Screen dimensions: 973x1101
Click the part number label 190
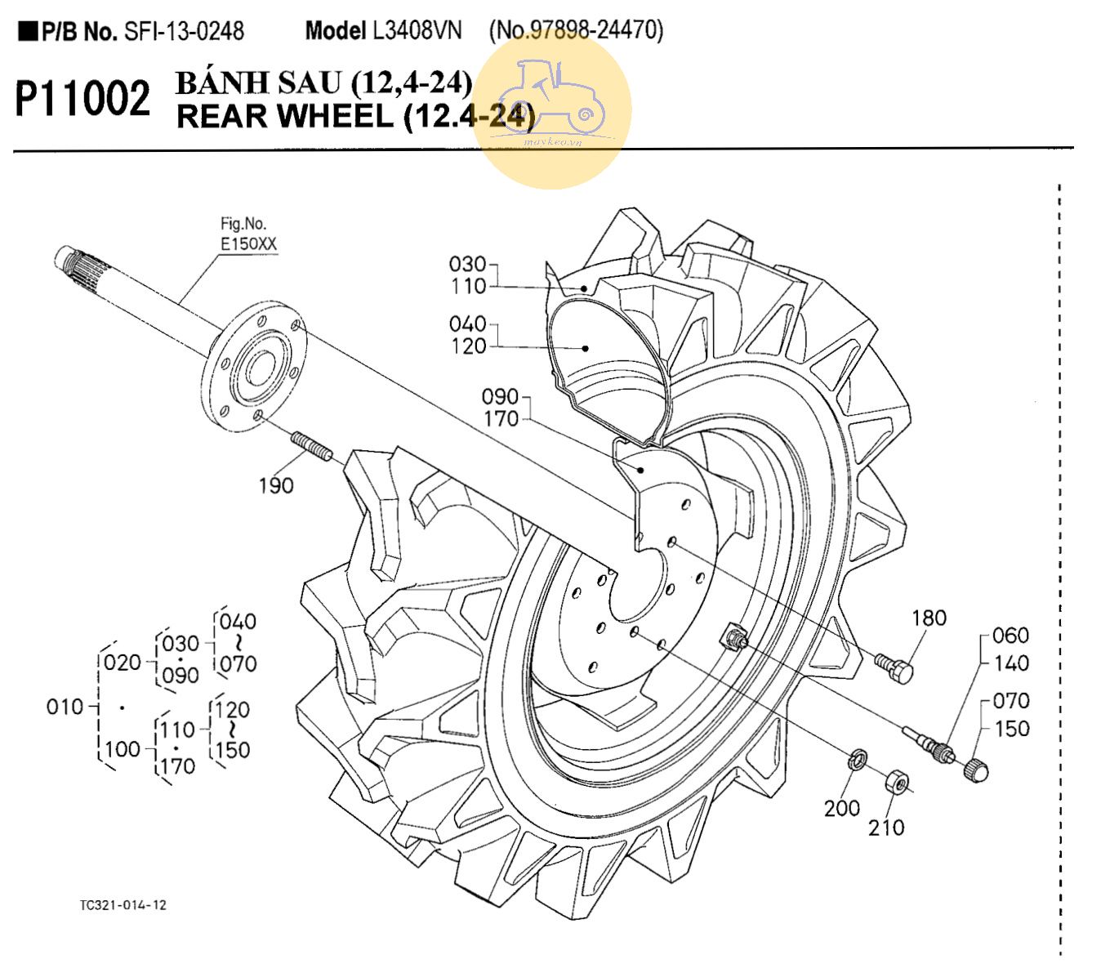click(x=275, y=485)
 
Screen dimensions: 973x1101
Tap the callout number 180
click(x=929, y=618)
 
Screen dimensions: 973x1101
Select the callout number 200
click(x=841, y=808)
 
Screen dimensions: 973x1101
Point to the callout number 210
click(x=886, y=828)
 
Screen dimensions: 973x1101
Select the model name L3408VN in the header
click(x=417, y=31)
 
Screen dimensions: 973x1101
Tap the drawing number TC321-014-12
click(x=123, y=905)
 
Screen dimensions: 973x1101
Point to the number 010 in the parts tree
click(x=65, y=707)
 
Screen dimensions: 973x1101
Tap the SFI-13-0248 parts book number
click(x=184, y=32)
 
